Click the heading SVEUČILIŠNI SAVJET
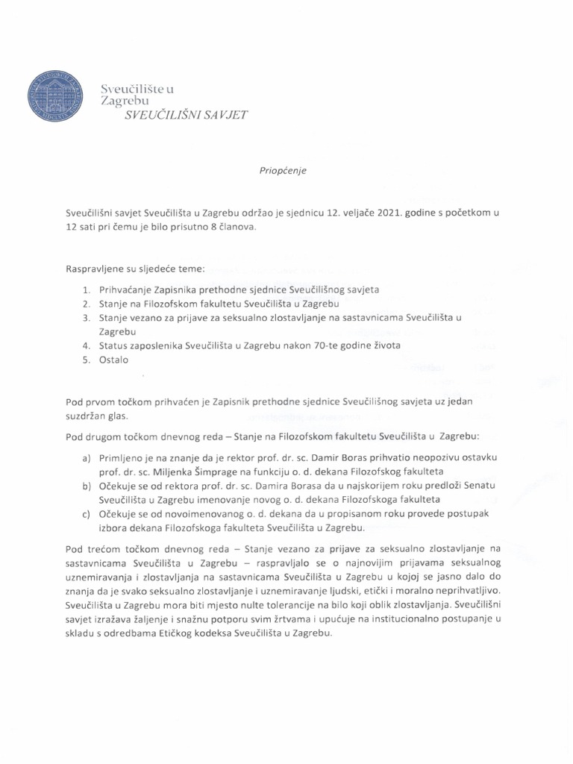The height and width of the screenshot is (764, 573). pyautogui.click(x=186, y=115)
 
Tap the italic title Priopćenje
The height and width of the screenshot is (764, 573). pyautogui.click(x=282, y=170)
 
